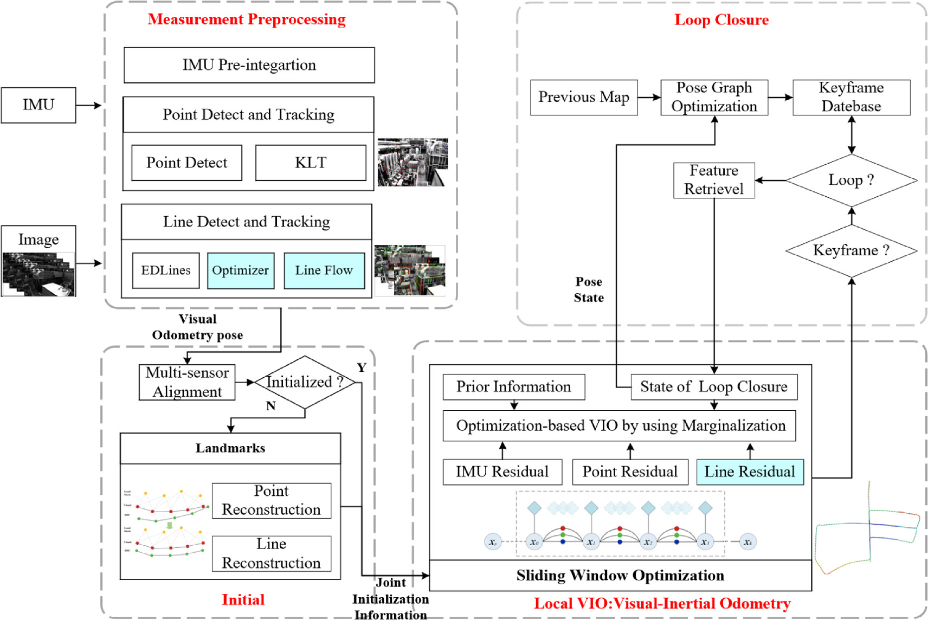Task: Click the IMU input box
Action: coord(38,105)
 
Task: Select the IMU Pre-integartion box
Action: coord(249,65)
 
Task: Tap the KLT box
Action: coord(311,163)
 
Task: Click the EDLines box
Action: coord(166,270)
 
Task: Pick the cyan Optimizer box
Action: coord(240,270)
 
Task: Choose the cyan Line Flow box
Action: coord(324,270)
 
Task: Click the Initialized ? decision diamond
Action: coord(305,382)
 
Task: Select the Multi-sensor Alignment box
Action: coord(187,382)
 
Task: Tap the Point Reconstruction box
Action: coord(271,500)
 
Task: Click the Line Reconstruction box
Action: coord(271,553)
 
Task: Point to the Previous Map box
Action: coord(584,98)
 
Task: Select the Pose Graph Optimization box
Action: coord(714,98)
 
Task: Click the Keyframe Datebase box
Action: coord(851,98)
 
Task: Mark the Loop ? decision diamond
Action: coord(851,180)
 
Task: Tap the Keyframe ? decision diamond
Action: coord(851,250)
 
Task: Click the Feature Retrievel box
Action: coord(714,180)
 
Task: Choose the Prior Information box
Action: coord(513,387)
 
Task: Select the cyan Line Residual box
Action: coord(750,472)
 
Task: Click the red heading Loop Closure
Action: coord(721,20)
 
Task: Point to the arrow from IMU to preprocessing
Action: coord(88,105)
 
